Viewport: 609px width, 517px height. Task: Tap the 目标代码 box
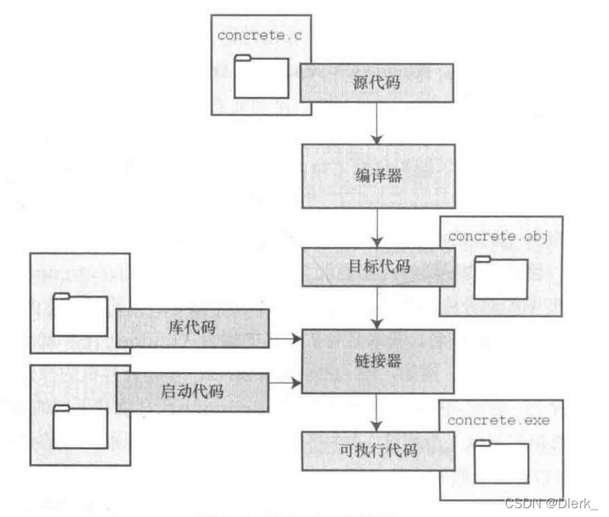point(377,266)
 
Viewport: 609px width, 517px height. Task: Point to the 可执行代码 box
point(377,451)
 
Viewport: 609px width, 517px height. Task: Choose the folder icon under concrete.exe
point(500,461)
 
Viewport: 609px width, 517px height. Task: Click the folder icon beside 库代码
point(79,315)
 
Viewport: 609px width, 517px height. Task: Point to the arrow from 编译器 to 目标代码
point(377,228)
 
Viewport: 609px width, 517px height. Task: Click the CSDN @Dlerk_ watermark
point(552,503)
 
